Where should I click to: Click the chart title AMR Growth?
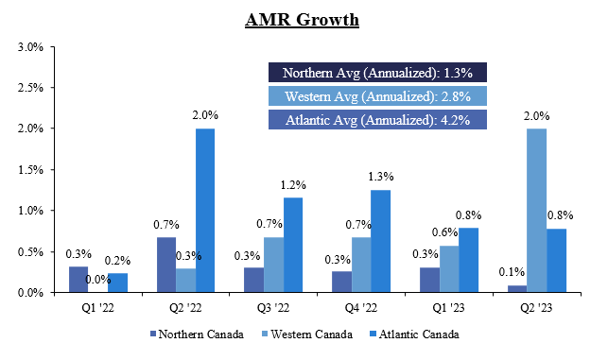click(x=304, y=19)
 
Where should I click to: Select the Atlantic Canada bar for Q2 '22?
click(x=204, y=211)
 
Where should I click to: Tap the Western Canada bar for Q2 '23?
click(x=536, y=211)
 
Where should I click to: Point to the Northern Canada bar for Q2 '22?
click(x=165, y=266)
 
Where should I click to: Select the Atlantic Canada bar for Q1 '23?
click(x=468, y=260)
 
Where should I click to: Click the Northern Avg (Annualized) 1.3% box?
click(x=377, y=73)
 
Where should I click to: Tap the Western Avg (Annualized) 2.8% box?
click(x=377, y=96)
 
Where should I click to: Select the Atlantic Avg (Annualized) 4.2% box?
click(x=377, y=120)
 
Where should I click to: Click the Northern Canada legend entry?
click(x=195, y=334)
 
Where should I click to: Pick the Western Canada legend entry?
click(x=308, y=334)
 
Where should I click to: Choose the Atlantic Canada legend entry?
click(x=420, y=334)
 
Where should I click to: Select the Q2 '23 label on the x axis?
click(x=536, y=306)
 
